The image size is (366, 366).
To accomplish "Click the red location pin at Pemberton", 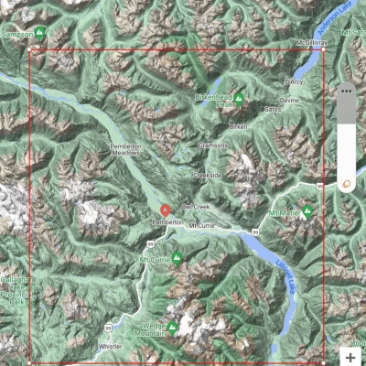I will [165, 210].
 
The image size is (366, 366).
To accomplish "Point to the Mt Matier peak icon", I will [308, 210].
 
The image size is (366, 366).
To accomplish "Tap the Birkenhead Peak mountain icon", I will [239, 98].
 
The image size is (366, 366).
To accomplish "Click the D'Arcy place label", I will [295, 81].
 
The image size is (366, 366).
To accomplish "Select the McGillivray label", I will [312, 43].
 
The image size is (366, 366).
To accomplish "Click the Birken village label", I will [238, 126].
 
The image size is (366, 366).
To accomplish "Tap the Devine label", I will [289, 100].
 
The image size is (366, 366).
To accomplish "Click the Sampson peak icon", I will [39, 34].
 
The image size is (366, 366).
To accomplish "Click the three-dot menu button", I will [347, 91].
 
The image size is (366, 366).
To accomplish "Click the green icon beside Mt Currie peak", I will [177, 259].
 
